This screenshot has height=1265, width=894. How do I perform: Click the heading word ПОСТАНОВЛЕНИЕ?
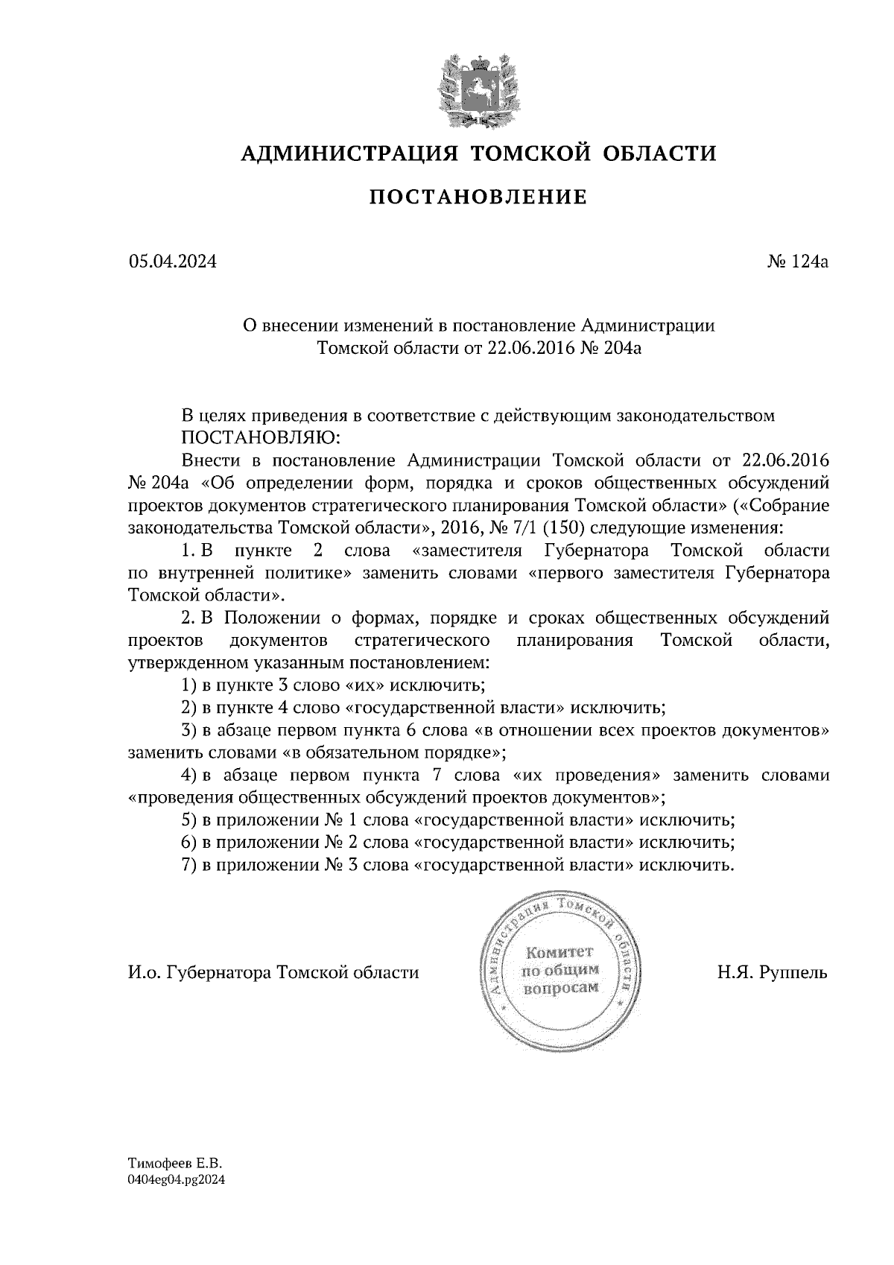click(x=478, y=197)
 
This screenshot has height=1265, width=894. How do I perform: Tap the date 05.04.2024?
click(x=172, y=262)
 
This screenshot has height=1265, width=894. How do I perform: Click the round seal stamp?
click(x=562, y=971)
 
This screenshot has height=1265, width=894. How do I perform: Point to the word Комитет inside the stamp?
click(x=560, y=953)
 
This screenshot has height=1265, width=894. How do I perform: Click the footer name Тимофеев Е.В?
click(x=176, y=1162)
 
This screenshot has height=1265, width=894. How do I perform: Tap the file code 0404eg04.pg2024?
click(x=177, y=1179)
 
